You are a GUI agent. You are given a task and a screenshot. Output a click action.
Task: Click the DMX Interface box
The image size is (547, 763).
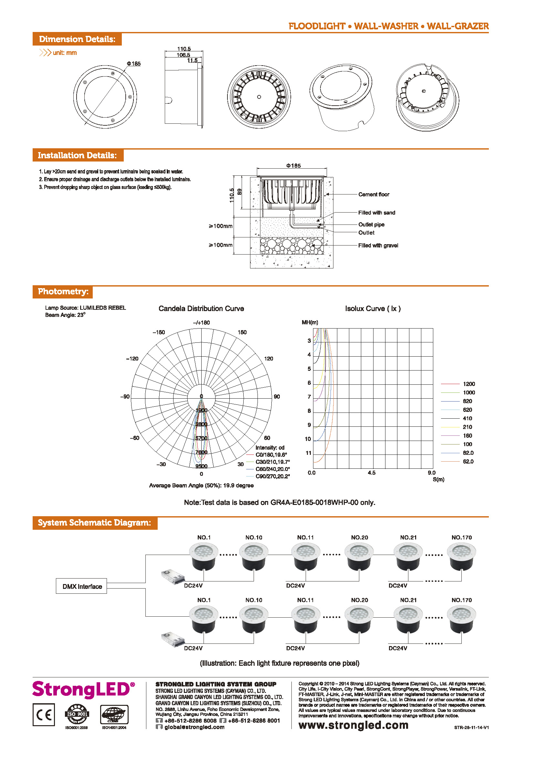(x=81, y=586)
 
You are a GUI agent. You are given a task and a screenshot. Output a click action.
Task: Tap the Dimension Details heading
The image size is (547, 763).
(x=77, y=39)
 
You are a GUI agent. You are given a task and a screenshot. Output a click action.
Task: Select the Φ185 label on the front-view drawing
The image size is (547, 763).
(x=133, y=64)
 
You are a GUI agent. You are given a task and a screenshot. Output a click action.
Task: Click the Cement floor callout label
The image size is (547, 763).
(x=373, y=194)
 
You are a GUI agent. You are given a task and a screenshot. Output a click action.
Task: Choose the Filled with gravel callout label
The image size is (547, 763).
(x=378, y=246)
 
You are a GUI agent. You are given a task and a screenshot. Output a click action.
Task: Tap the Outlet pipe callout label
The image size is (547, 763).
(x=371, y=225)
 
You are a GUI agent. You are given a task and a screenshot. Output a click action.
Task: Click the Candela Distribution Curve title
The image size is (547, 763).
(x=201, y=308)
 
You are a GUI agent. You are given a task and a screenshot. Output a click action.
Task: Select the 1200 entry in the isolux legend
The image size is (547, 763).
(x=468, y=384)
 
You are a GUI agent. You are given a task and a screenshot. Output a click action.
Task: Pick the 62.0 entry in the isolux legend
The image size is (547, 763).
(x=468, y=462)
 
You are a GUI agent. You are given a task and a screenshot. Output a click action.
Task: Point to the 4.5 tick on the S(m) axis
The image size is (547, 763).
(x=371, y=473)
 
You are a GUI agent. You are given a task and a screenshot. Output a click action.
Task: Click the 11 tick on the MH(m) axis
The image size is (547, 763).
(x=309, y=453)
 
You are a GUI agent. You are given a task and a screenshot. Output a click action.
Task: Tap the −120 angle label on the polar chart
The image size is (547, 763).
(x=132, y=359)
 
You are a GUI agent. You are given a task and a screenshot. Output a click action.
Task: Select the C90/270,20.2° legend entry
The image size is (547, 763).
(x=272, y=476)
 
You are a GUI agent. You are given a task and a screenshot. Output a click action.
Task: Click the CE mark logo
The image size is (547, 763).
(x=44, y=715)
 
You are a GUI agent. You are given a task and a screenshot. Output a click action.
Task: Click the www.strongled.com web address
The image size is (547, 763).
(x=353, y=725)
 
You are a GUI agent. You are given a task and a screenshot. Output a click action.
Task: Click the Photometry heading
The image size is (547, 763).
(x=63, y=292)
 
